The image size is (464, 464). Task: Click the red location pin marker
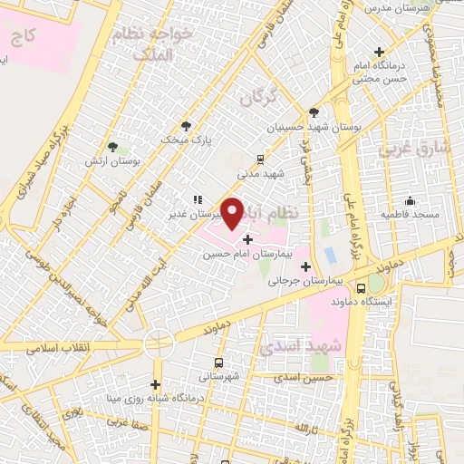pos(233,213)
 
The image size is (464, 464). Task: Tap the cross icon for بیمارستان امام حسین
pos(247,240)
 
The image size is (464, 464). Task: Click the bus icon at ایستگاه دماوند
pos(362,288)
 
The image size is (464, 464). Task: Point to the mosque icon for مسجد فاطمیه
pos(411,201)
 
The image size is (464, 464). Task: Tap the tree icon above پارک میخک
pos(187,127)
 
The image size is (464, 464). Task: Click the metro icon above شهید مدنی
pos(261,156)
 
